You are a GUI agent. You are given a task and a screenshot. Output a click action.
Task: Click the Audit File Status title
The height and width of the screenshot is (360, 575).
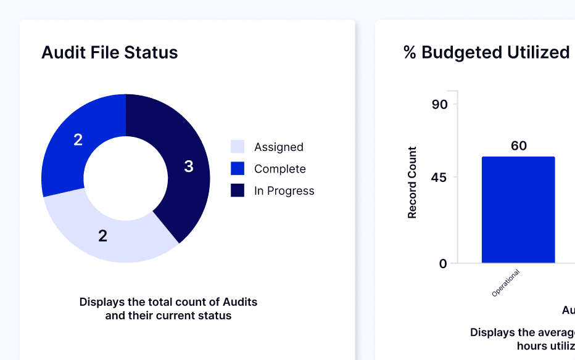tap(109, 52)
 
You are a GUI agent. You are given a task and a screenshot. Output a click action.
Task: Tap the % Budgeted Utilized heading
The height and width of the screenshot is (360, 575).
tap(486, 52)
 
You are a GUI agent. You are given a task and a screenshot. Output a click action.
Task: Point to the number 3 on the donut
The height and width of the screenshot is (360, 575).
tap(189, 166)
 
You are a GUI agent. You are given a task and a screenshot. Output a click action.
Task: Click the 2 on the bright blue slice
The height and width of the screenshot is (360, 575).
tap(78, 140)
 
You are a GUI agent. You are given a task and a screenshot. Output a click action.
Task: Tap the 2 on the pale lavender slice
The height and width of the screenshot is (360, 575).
tap(102, 235)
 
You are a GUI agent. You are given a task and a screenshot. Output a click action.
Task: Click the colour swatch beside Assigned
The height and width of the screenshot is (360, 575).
tap(238, 147)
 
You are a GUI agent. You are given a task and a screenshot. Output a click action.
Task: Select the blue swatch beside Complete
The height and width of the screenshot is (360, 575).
tap(238, 169)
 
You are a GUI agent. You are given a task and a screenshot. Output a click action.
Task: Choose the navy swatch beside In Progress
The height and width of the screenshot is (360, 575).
tap(238, 191)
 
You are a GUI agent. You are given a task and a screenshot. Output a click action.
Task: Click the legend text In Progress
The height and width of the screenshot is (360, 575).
tap(284, 191)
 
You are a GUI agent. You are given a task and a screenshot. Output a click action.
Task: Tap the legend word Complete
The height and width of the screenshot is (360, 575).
tap(279, 169)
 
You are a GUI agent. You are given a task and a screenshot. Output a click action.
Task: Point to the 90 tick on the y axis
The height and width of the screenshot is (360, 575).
tap(439, 104)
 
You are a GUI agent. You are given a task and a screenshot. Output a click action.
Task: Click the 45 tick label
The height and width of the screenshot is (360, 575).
tap(439, 178)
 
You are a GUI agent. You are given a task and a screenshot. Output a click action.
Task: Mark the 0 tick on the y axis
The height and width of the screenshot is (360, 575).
tap(443, 263)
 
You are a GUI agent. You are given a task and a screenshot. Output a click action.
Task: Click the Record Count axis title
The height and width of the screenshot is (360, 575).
tap(412, 182)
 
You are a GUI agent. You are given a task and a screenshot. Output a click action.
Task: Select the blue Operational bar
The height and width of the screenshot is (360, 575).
tap(518, 210)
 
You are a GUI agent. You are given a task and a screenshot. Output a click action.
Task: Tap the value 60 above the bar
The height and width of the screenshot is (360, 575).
tap(519, 145)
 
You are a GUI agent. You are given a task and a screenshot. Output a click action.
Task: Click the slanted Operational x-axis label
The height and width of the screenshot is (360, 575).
tap(506, 283)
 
